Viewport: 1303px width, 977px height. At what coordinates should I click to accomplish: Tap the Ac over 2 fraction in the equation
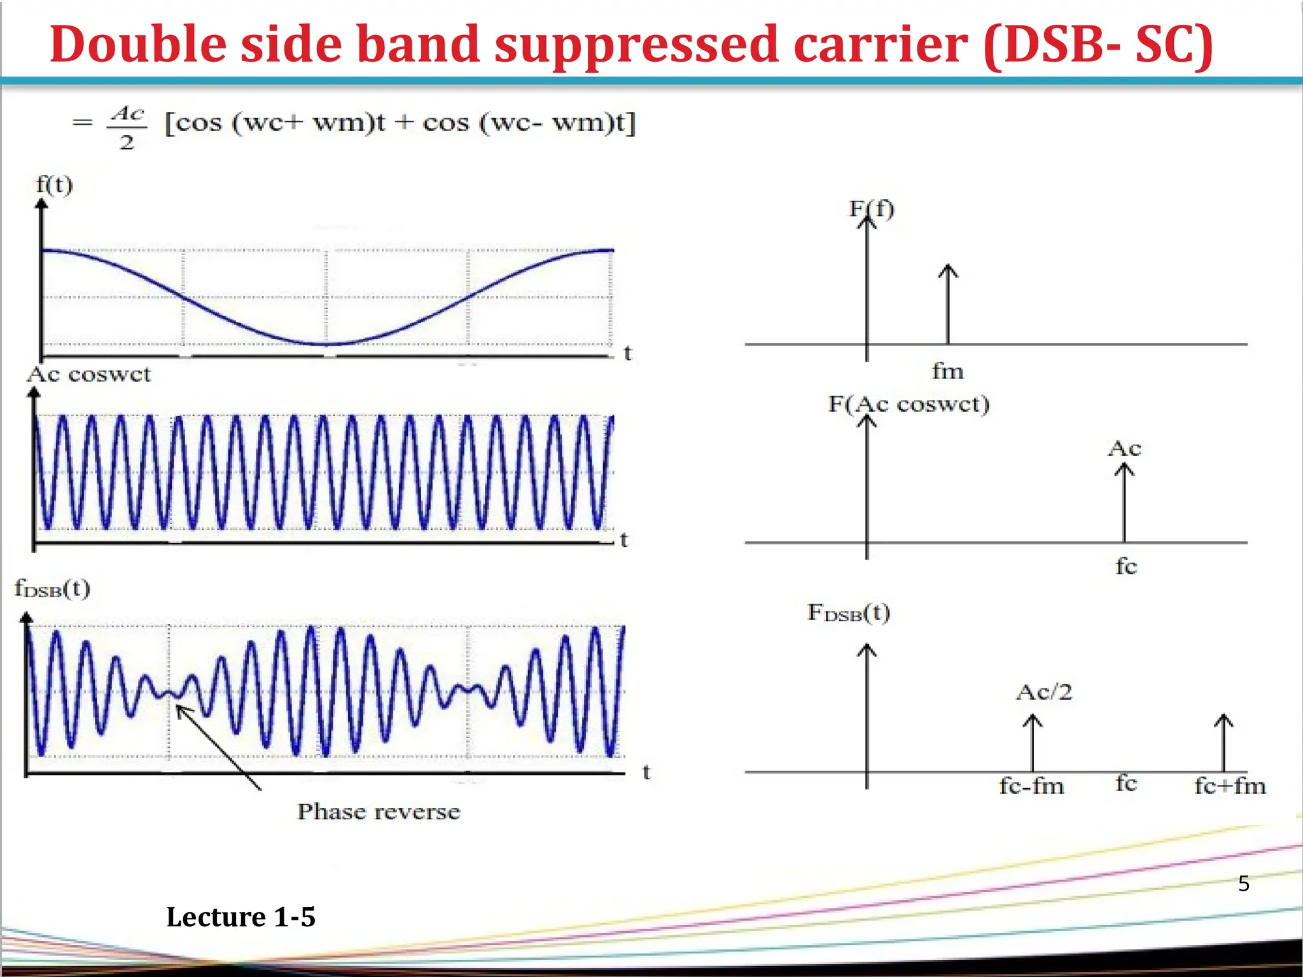tap(127, 127)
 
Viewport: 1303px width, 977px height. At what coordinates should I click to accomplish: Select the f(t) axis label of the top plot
tap(54, 185)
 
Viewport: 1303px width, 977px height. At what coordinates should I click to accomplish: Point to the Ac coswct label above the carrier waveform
tap(88, 374)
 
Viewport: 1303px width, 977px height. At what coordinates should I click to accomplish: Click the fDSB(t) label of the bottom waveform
tap(52, 588)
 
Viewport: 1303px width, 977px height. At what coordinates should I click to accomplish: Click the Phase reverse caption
tap(379, 812)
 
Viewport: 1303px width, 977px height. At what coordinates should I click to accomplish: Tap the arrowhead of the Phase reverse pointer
tap(179, 709)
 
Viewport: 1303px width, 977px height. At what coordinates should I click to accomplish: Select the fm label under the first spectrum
tap(947, 371)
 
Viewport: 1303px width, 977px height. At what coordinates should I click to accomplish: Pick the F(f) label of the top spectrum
tap(872, 209)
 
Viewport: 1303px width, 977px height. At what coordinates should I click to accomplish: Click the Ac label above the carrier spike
tap(1124, 449)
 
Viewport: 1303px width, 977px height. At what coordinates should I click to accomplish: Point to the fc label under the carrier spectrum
tap(1125, 565)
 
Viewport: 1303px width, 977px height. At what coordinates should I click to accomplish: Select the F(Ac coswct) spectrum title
tap(909, 404)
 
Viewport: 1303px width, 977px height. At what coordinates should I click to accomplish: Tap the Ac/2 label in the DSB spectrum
tap(1044, 692)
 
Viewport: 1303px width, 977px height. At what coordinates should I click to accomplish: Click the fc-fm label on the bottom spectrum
tap(1031, 786)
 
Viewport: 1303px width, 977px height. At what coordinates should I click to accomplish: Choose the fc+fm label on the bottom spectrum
tap(1229, 786)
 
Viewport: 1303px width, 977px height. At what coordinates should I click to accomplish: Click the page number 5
tap(1243, 883)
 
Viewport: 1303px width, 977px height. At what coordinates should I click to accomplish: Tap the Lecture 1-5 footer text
tap(240, 917)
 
